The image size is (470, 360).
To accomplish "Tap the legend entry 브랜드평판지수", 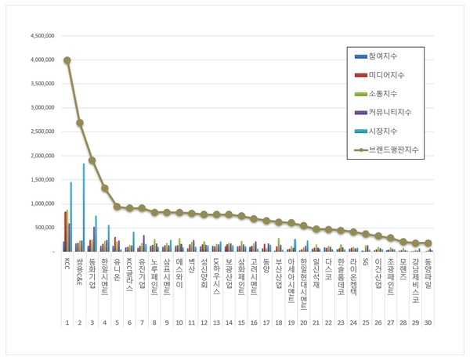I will click(396, 149).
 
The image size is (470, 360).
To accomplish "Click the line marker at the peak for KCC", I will click(67, 60).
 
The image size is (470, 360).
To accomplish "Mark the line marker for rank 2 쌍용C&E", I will click(80, 123).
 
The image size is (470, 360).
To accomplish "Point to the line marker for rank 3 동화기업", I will click(92, 160).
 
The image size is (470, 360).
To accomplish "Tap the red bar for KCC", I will click(66, 232).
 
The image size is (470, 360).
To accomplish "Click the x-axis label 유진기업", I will click(142, 271).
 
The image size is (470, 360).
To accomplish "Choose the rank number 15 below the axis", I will click(241, 322).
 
